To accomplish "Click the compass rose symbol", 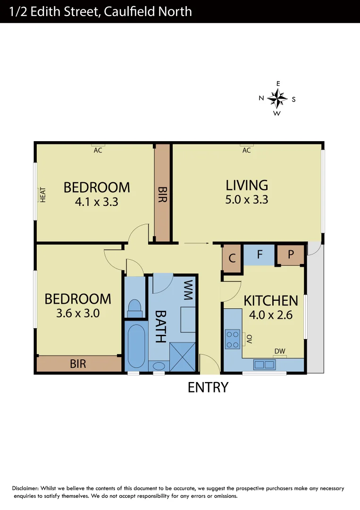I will [277, 99].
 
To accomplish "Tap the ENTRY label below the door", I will [208, 387].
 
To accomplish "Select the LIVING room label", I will [246, 185].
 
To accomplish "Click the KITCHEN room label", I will [270, 300].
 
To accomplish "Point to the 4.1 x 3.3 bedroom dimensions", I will [96, 202].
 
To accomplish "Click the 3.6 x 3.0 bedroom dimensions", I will [78, 313].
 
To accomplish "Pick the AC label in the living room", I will [246, 151].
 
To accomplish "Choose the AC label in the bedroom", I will [98, 151].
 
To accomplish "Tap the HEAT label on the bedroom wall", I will [42, 195].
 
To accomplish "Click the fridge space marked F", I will [260, 255].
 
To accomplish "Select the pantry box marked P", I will [291, 255].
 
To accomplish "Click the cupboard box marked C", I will [232, 258].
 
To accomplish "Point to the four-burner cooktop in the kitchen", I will [233, 339].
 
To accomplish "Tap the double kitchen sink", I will [265, 365].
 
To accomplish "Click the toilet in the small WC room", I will [135, 308].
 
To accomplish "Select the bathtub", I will [135, 346].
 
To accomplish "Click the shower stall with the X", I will [182, 356].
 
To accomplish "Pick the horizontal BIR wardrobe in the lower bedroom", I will [78, 364].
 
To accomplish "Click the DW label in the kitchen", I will [280, 351].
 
